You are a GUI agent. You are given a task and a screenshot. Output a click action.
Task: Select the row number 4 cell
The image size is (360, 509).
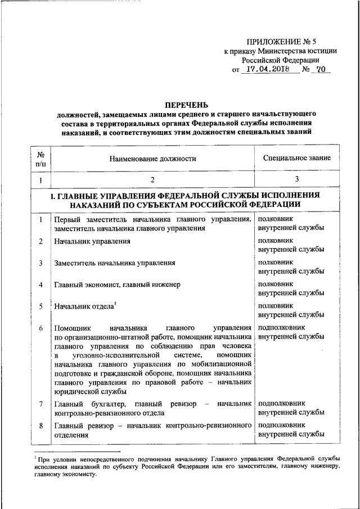(x=41, y=285)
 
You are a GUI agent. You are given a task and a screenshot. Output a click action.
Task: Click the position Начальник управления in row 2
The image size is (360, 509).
(x=92, y=241)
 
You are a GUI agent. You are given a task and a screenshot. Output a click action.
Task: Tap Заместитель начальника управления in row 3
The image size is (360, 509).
(x=114, y=263)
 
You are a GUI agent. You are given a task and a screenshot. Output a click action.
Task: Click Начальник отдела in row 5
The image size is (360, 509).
(x=84, y=306)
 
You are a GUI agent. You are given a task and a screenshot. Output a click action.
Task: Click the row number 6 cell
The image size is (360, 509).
(x=41, y=328)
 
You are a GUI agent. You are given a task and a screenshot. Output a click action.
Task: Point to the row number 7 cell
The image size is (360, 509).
(x=41, y=404)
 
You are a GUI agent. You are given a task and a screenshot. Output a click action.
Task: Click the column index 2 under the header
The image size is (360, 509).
(x=152, y=180)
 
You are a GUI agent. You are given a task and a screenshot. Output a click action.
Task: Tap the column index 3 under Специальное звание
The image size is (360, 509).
(x=296, y=180)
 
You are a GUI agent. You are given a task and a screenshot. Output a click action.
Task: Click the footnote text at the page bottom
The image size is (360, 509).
(x=186, y=466)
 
